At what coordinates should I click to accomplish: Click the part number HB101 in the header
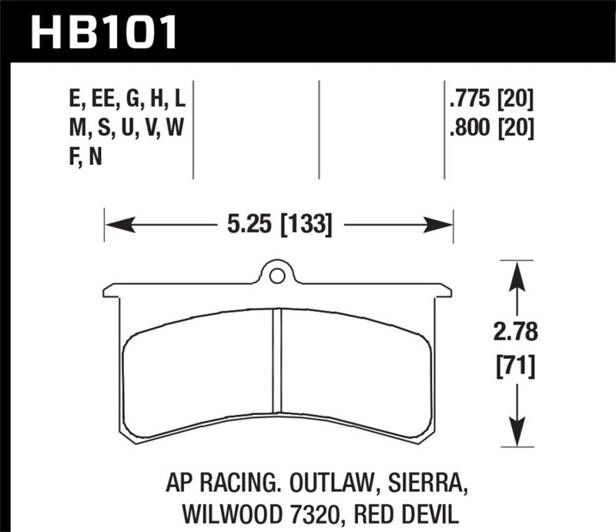104,33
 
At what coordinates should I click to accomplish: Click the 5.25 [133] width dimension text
279,225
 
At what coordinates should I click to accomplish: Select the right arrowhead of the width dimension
444,226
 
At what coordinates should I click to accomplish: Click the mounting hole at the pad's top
278,273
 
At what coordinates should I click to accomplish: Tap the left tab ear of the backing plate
112,291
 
